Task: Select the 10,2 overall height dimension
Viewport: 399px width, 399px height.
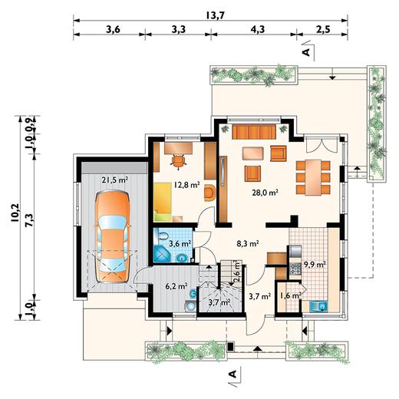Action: pyautogui.click(x=15, y=213)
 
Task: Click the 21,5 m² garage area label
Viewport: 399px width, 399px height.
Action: pyautogui.click(x=115, y=180)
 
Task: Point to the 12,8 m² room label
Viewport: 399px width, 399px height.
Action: pyautogui.click(x=187, y=184)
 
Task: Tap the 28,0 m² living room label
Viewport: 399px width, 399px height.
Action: pyautogui.click(x=265, y=193)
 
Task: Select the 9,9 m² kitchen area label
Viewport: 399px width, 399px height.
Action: pyautogui.click(x=315, y=265)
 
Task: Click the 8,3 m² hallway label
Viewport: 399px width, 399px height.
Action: pyautogui.click(x=247, y=244)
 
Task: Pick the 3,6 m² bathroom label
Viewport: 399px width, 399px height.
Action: pyautogui.click(x=180, y=244)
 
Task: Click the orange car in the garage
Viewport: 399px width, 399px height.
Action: pyautogui.click(x=113, y=236)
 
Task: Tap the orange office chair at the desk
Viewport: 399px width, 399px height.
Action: pyautogui.click(x=178, y=161)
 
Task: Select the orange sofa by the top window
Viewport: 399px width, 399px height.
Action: pyautogui.click(x=254, y=131)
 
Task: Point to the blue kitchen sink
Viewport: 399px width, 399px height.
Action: pyautogui.click(x=318, y=306)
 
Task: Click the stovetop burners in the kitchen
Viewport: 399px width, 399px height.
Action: pyautogui.click(x=295, y=269)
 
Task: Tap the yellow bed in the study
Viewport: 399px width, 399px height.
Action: pyautogui.click(x=163, y=202)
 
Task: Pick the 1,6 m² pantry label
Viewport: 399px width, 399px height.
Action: pyautogui.click(x=290, y=296)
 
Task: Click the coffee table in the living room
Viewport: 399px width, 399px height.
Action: pyautogui.click(x=253, y=153)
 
